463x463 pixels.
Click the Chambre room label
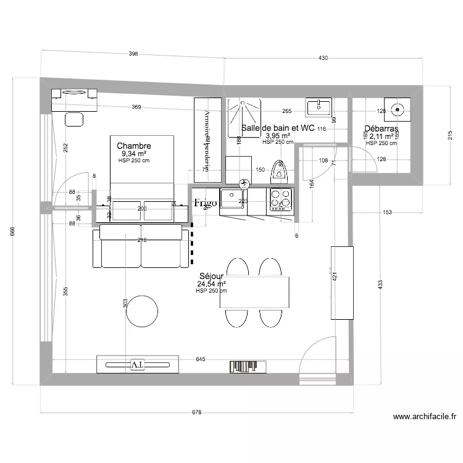[134, 146]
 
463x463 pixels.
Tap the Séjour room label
[211, 277]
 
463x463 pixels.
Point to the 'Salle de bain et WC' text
[278, 128]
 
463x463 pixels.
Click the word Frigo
[205, 202]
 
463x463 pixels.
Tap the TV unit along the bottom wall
[138, 365]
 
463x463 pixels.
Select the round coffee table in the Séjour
[141, 311]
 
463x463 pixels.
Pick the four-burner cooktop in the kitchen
[280, 200]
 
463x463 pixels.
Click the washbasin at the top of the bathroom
[319, 107]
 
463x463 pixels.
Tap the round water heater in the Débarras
[397, 111]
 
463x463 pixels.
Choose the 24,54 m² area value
[211, 285]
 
